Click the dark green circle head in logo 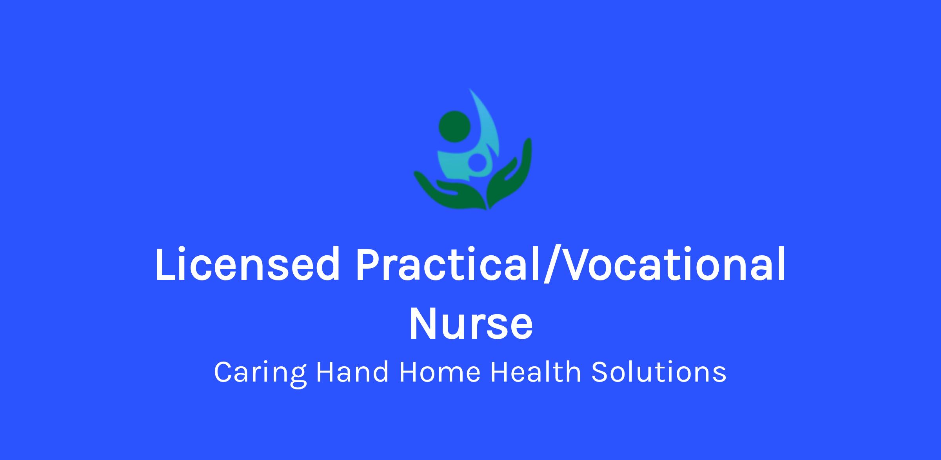(x=454, y=126)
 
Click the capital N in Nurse (x=423, y=324)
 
